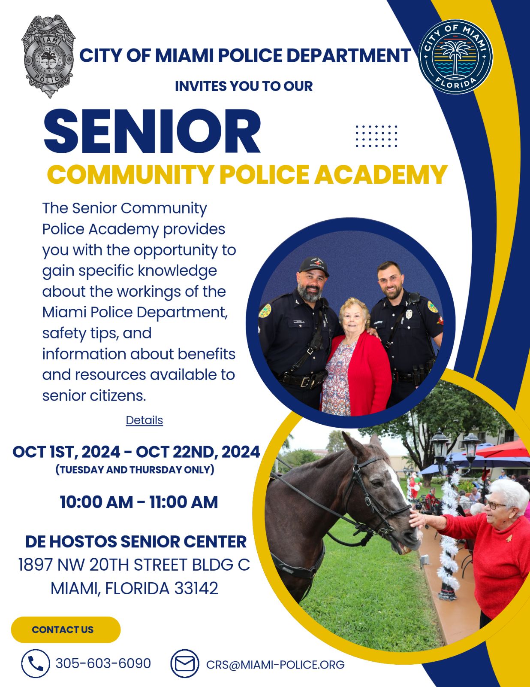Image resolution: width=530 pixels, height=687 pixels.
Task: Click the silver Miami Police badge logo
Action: [48, 56]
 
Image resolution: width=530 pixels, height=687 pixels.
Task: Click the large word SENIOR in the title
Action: [152, 131]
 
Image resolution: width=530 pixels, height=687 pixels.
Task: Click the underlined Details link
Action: [144, 420]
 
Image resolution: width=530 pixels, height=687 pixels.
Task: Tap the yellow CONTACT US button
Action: [66, 629]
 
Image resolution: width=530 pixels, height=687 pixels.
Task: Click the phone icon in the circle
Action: [36, 664]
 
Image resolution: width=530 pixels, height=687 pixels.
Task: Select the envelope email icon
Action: [185, 664]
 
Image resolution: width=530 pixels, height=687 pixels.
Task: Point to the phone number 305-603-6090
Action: [103, 663]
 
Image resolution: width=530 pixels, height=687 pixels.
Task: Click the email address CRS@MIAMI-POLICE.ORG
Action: [275, 665]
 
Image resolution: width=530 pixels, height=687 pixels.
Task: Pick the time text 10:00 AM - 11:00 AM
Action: [139, 502]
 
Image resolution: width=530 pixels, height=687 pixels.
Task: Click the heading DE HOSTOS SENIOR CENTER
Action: [136, 541]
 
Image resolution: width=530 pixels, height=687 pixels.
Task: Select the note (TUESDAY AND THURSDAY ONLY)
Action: [135, 469]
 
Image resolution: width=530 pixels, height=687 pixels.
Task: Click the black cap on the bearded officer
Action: [314, 265]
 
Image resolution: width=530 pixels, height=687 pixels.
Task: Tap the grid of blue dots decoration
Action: [376, 136]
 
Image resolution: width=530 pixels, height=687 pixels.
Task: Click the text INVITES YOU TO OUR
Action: [244, 86]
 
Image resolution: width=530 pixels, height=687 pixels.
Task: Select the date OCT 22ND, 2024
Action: [198, 452]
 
